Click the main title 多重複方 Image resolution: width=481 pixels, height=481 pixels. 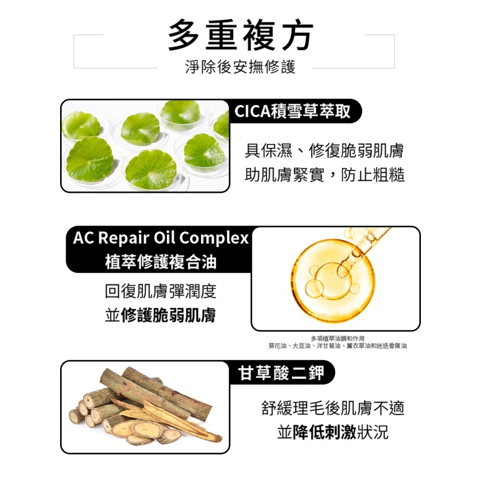pyautogui.click(x=240, y=36)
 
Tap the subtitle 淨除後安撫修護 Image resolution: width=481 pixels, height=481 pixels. pyautogui.click(x=240, y=67)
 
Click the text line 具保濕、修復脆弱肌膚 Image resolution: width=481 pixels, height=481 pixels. pyautogui.click(x=324, y=151)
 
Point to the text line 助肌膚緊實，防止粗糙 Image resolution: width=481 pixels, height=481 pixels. pyautogui.click(x=324, y=175)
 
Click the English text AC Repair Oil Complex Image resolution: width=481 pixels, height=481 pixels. pyautogui.click(x=161, y=238)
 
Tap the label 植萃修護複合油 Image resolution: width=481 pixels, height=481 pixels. pyautogui.click(x=161, y=262)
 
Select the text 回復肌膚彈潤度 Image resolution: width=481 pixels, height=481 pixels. pyautogui.click(x=160, y=291)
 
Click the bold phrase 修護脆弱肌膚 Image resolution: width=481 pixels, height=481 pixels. pyautogui.click(x=168, y=316)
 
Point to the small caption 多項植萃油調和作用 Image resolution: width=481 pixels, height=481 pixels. pyautogui.click(x=337, y=339)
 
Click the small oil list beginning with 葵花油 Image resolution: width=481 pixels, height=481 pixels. pyautogui.click(x=337, y=346)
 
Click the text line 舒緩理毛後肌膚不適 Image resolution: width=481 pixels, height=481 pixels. pyautogui.click(x=332, y=408)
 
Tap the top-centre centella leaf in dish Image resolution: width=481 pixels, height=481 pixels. pyautogui.click(x=180, y=113)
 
